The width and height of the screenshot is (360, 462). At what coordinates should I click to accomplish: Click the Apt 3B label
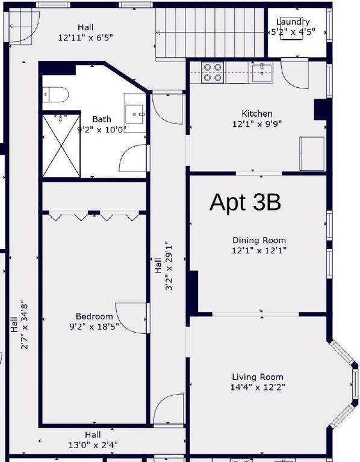(245, 202)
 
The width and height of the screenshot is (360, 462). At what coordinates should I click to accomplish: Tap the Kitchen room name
(257, 114)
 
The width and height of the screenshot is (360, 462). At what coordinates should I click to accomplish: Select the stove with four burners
(213, 72)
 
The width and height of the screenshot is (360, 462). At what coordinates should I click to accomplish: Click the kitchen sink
(262, 72)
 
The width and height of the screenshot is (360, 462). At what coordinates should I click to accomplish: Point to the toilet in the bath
(55, 94)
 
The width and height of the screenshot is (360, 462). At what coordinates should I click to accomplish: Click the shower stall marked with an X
(61, 146)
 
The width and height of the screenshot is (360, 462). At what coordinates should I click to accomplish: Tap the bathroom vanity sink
(135, 114)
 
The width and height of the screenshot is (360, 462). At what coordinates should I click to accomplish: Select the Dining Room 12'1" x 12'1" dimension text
(259, 250)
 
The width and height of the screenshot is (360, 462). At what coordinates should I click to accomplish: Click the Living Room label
(258, 377)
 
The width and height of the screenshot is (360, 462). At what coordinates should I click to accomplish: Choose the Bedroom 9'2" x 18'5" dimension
(94, 327)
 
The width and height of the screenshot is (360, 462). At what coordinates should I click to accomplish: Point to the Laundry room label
(293, 22)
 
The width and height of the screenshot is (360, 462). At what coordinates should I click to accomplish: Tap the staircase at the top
(209, 32)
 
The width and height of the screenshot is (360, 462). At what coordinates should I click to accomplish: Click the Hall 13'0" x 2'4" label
(93, 440)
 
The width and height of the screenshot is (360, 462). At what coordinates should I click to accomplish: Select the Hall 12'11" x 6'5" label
(85, 32)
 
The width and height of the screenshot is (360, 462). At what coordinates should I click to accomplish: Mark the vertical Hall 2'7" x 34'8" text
(19, 325)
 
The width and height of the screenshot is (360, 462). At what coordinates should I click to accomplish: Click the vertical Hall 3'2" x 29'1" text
(163, 266)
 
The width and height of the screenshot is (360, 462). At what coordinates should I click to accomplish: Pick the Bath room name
(102, 119)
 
